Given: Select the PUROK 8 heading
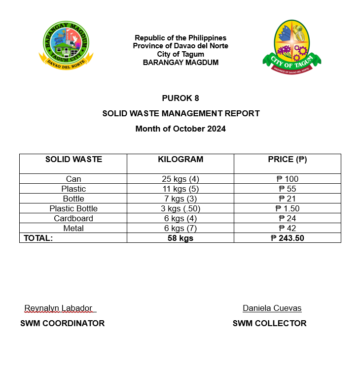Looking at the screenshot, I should click(180, 98).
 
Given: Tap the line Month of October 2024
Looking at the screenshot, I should click(180, 129).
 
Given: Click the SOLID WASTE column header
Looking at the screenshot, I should click(73, 160).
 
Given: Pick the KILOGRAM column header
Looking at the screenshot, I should click(180, 160).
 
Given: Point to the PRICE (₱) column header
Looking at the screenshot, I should click(288, 160).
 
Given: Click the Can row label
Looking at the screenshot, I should click(73, 179).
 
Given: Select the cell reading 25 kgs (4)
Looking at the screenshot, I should click(180, 179).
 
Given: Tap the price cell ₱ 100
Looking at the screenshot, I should click(288, 179).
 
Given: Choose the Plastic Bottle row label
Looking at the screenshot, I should click(73, 208).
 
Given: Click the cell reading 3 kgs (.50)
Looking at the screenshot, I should click(180, 208).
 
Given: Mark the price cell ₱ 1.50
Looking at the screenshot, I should click(288, 208).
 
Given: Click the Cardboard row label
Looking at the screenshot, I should click(73, 218).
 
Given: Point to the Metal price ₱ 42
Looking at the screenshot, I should click(288, 228).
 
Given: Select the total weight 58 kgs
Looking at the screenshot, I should click(180, 238).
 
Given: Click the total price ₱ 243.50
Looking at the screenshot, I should click(288, 238).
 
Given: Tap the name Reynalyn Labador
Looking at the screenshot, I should click(58, 308).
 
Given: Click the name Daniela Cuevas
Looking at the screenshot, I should click(272, 308).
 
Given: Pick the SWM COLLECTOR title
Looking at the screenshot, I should click(269, 324).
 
